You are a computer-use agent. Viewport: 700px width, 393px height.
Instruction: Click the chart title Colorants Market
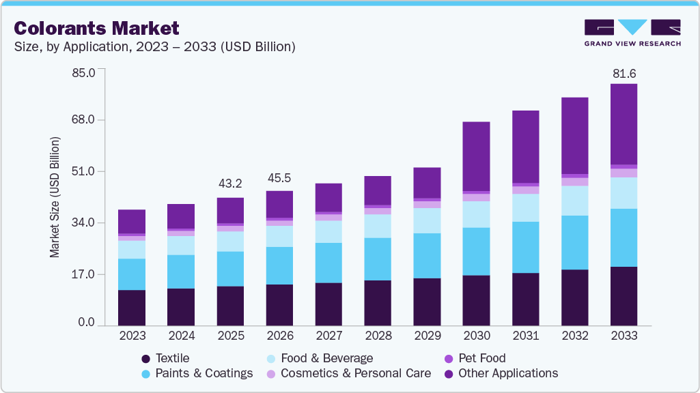tap(96, 28)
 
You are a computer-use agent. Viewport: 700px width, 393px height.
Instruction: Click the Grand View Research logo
tap(632, 32)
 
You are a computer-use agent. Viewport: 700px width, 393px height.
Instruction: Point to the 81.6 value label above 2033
tap(624, 73)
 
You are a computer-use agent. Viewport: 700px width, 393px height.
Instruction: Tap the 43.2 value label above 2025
tap(230, 184)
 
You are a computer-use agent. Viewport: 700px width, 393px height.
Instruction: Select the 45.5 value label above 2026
tap(279, 177)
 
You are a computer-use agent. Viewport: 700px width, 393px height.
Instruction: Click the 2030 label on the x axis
tap(476, 336)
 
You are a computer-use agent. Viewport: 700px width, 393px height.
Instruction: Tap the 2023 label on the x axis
tap(132, 336)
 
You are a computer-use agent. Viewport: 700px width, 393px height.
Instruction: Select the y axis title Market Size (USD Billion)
tap(55, 197)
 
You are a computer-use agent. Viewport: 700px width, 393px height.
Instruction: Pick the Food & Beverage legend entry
tap(326, 358)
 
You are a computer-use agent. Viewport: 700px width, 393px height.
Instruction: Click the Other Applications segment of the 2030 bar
tap(476, 156)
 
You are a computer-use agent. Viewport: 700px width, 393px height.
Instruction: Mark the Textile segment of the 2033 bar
tap(624, 296)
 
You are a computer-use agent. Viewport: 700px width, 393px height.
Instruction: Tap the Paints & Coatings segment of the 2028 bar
tap(378, 259)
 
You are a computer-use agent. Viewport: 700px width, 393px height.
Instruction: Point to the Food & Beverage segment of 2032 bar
tap(574, 201)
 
